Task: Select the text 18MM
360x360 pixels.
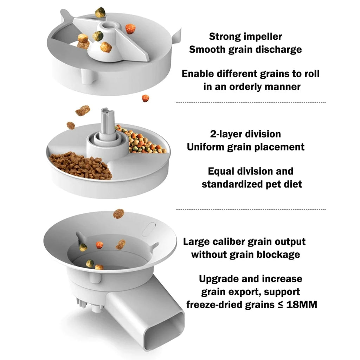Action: click(x=302, y=304)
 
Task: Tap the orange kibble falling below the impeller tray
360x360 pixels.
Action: click(x=146, y=98)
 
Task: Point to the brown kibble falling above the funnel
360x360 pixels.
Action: click(x=118, y=213)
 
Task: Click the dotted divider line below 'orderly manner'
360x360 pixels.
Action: click(x=251, y=103)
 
